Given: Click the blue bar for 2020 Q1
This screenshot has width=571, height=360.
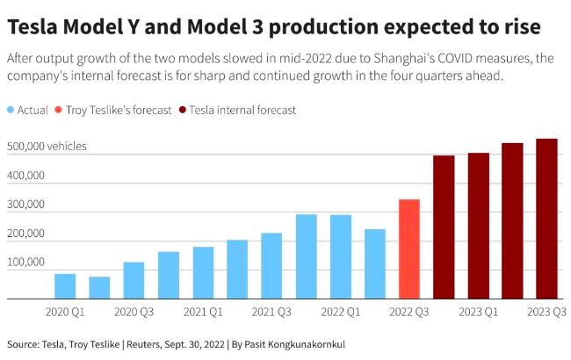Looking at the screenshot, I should tap(65, 286).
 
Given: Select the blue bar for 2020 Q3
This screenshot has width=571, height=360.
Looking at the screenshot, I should tap(134, 280).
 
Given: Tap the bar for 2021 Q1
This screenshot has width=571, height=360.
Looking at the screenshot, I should tap(203, 272).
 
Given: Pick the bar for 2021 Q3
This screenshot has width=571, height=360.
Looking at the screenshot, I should tap(271, 265).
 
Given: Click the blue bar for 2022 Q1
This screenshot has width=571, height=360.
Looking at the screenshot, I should tap(340, 256).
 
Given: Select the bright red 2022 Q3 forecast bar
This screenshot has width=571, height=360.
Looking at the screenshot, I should tap(409, 248).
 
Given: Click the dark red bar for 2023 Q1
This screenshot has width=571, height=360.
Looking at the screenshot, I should tap(478, 226).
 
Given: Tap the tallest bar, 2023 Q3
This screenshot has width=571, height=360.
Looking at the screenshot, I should tap(546, 219).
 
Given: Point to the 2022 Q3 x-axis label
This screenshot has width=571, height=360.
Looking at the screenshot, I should tap(409, 311).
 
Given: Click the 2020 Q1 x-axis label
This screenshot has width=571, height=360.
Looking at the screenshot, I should tap(65, 311).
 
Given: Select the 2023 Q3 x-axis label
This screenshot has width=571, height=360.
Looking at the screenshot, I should tap(546, 311).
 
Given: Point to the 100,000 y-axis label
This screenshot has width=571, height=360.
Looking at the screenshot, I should tap(25, 263).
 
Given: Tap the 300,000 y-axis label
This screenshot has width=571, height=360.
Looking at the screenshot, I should tap(25, 205).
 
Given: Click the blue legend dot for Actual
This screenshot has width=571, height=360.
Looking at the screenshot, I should tap(11, 111).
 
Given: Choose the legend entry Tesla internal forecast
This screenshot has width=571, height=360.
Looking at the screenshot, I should tap(242, 111).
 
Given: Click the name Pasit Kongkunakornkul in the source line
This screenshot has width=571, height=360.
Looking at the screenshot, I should tap(283, 344).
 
